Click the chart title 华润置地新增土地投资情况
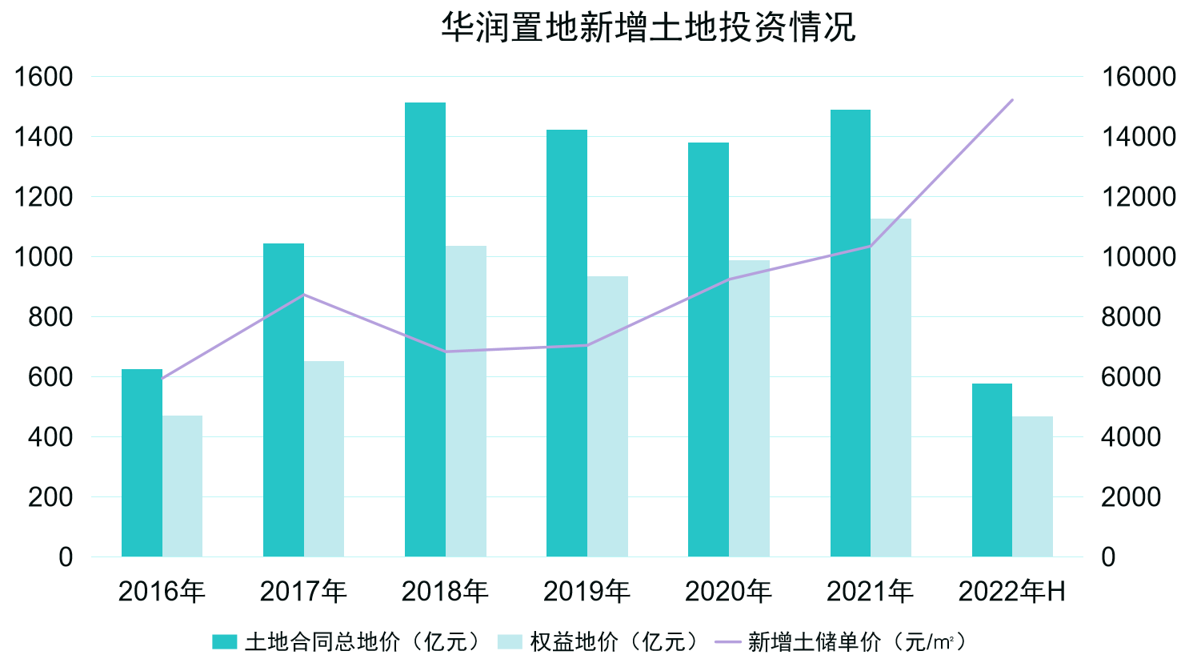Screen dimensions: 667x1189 [x=648, y=26]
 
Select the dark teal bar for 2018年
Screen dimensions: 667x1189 [x=425, y=329]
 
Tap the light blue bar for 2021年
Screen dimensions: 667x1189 [x=891, y=388]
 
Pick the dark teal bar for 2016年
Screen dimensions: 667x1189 [x=142, y=463]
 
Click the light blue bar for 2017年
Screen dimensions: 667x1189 [x=324, y=459]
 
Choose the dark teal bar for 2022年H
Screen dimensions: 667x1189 [x=991, y=470]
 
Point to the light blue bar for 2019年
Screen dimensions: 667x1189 [x=607, y=416]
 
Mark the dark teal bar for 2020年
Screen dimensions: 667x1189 [x=708, y=349]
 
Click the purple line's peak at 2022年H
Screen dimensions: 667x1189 [x=1012, y=100]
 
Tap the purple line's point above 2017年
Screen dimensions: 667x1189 [x=303, y=295]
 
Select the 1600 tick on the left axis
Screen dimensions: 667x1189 [x=44, y=77]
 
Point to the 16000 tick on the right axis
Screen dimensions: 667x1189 [x=1139, y=77]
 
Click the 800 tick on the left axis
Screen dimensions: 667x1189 [x=50, y=317]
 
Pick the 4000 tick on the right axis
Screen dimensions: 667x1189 [x=1131, y=437]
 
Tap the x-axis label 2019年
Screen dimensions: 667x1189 [x=586, y=592]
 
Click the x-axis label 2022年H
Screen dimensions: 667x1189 [x=1012, y=592]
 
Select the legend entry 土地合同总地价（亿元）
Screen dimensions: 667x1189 [x=348, y=642]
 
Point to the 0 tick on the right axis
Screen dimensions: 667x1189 [x=1108, y=557]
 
